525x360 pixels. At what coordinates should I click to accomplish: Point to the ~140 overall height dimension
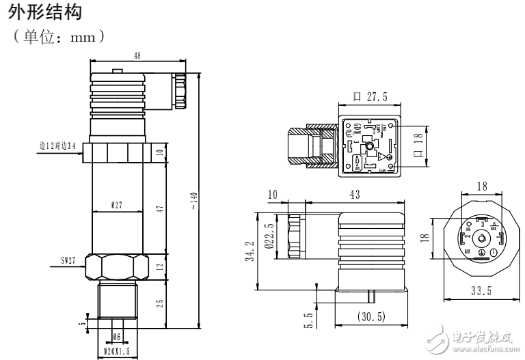pos(198,199)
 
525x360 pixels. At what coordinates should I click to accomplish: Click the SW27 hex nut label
pos(68,260)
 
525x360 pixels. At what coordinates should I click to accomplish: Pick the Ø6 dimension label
pos(116,336)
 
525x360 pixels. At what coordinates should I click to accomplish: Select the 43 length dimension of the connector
pos(355,195)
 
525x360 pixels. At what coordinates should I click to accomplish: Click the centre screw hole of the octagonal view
pos(482,238)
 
